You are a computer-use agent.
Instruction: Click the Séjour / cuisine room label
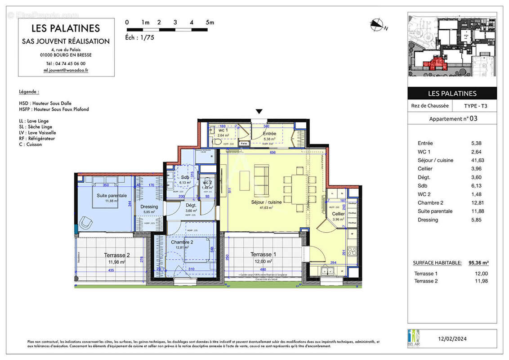click(x=266, y=202)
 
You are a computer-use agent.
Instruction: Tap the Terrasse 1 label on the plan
click(x=263, y=254)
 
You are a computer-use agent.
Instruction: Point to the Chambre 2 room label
click(x=182, y=242)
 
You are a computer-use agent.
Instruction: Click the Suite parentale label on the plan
click(x=112, y=196)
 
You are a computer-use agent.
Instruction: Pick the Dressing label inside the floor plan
click(x=149, y=207)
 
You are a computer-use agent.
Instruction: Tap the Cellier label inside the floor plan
click(x=338, y=214)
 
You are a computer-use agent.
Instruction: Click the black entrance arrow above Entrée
click(x=259, y=112)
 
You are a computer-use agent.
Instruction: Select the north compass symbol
click(x=377, y=25)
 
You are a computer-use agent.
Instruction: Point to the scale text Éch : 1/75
click(x=140, y=38)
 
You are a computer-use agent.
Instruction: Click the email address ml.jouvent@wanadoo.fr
click(x=66, y=70)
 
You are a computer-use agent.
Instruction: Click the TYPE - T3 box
click(x=475, y=106)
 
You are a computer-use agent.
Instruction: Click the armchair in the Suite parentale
click(x=86, y=222)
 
